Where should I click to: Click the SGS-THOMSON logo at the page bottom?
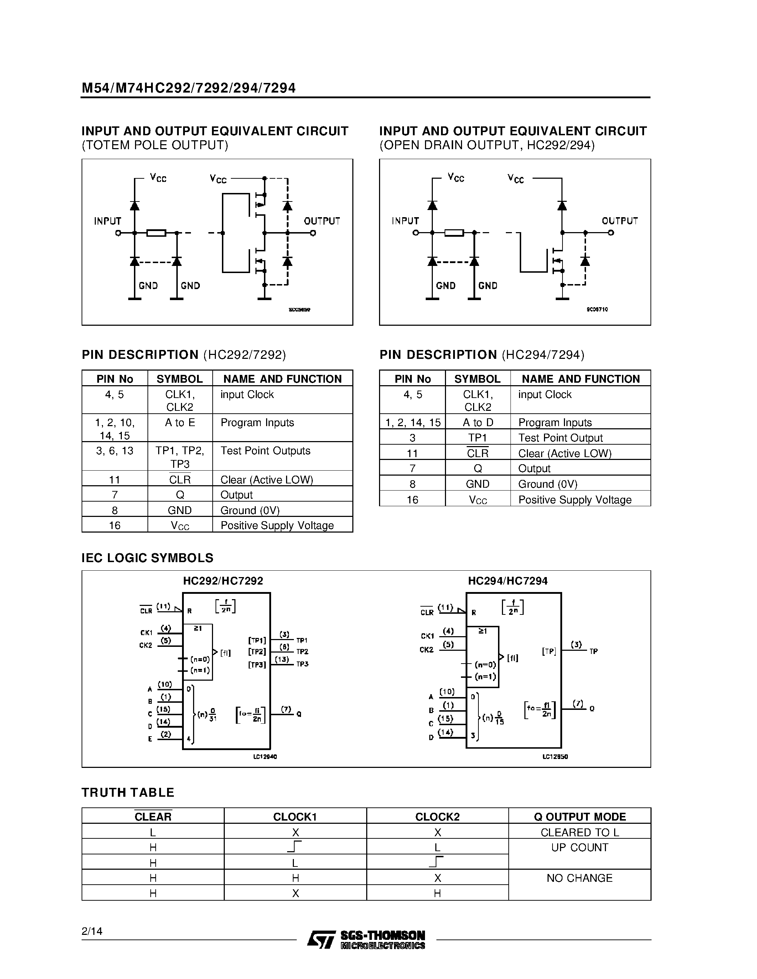366,939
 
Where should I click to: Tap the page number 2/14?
92,931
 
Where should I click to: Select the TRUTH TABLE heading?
128,792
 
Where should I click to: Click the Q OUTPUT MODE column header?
579,817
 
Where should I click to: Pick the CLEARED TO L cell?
579,832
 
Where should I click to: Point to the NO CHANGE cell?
579,878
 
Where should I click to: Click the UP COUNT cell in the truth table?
579,848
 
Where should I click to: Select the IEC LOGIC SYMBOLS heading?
147,558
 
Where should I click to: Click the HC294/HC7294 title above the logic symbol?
508,581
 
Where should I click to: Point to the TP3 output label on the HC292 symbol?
302,664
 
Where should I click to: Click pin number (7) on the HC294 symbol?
578,704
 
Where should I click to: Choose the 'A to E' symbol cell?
180,423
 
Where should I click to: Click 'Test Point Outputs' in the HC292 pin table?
265,451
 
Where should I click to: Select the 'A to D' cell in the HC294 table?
478,423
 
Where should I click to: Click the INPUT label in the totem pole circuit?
108,221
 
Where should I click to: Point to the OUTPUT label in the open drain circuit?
619,221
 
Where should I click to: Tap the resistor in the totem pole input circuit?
156,233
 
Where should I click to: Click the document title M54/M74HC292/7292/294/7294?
188,88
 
